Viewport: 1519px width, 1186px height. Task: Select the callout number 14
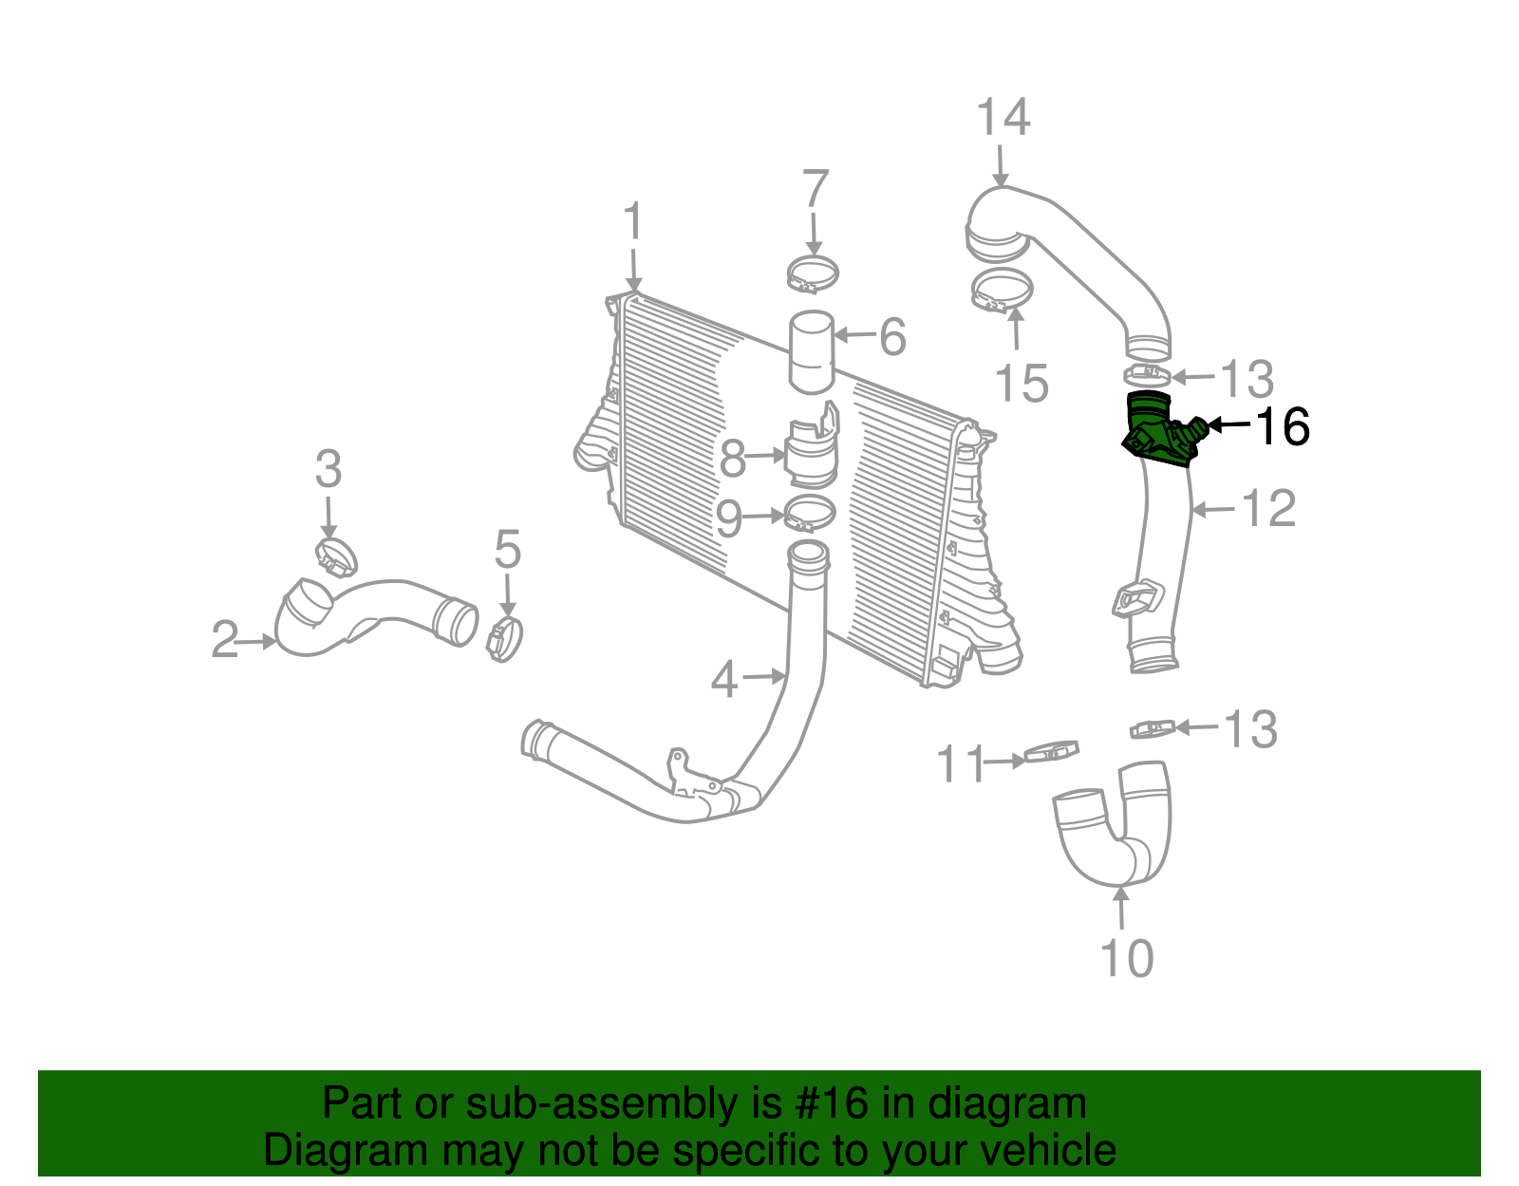[x=1003, y=118]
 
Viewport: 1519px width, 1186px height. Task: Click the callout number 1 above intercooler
[x=632, y=223]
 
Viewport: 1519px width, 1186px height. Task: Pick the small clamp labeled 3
[x=335, y=555]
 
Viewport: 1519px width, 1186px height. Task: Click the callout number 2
[x=225, y=640]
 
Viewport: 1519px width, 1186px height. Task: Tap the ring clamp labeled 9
[x=810, y=514]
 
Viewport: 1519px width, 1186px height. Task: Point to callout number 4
[x=724, y=679]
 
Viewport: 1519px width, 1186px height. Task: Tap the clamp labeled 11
[x=1052, y=754]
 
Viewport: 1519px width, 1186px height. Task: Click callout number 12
[x=1268, y=509]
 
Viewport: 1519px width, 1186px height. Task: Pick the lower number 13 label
[x=1250, y=729]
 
